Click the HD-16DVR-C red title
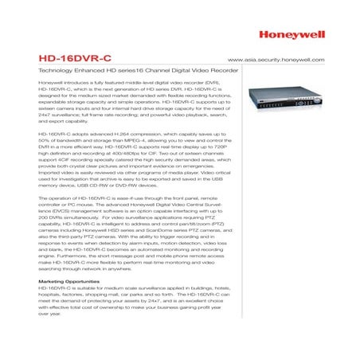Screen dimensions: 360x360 69,59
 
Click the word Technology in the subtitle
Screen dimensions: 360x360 55,72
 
